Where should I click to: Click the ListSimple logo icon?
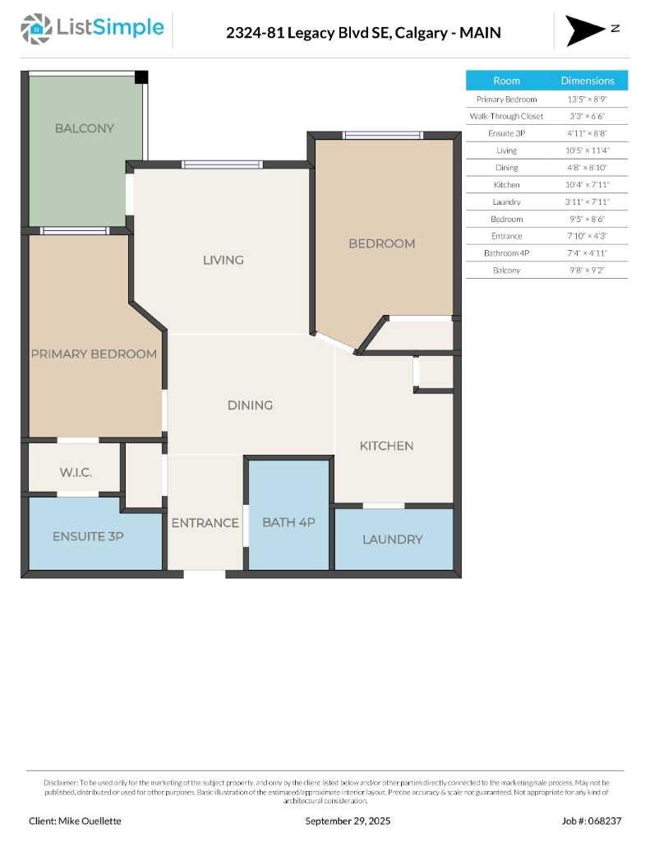point(35,29)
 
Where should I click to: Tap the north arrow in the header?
point(585,30)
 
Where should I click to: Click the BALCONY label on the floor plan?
point(85,128)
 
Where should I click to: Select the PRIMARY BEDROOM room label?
point(94,354)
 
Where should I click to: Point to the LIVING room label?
point(224,260)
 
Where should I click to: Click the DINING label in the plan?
point(250,405)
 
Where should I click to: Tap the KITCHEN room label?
point(386,446)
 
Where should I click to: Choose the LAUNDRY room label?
point(393,539)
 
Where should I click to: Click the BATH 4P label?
point(288,522)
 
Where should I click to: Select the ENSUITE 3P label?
point(88,536)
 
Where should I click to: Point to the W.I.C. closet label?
point(76,473)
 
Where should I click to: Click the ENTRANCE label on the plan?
point(205,522)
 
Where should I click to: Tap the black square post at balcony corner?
point(141,77)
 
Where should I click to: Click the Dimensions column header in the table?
point(588,81)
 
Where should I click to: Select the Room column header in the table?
point(506,81)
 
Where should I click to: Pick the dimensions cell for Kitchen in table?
point(588,184)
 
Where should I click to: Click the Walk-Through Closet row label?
point(506,116)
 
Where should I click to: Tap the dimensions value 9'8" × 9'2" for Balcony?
point(588,270)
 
